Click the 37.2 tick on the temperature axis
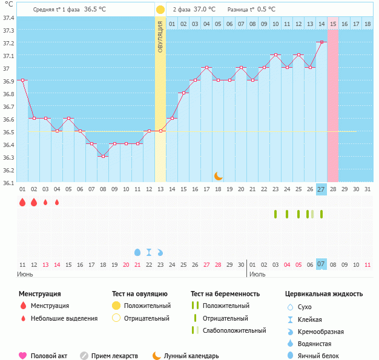8,43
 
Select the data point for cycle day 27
321,42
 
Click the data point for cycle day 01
22,80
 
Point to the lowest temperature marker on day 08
103,157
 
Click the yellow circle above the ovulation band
160,10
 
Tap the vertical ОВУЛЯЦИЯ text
160,36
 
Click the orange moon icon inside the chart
219,175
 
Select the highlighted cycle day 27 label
321,189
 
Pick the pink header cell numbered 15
333,24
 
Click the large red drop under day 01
22,203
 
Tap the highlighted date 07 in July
321,264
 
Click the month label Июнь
25,274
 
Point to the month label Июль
257,274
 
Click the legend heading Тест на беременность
225,293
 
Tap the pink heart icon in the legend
23,356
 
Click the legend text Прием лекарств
114,356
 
